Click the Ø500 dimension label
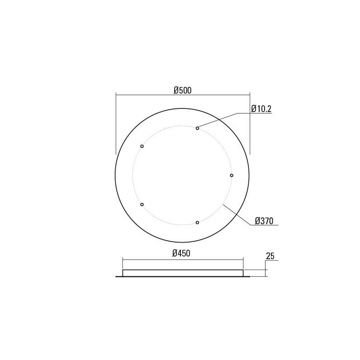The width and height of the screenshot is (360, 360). [183, 90]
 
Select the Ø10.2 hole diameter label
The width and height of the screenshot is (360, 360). [261, 108]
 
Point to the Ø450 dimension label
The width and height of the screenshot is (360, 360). [183, 253]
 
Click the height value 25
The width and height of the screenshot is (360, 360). [270, 256]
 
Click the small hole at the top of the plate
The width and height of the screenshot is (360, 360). [197, 128]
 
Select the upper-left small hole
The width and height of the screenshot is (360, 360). [142, 146]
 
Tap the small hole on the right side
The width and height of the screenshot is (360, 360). [232, 175]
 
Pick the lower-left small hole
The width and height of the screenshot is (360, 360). [142, 204]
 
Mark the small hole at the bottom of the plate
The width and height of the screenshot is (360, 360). [197, 222]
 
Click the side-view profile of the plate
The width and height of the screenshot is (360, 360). [183, 273]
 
